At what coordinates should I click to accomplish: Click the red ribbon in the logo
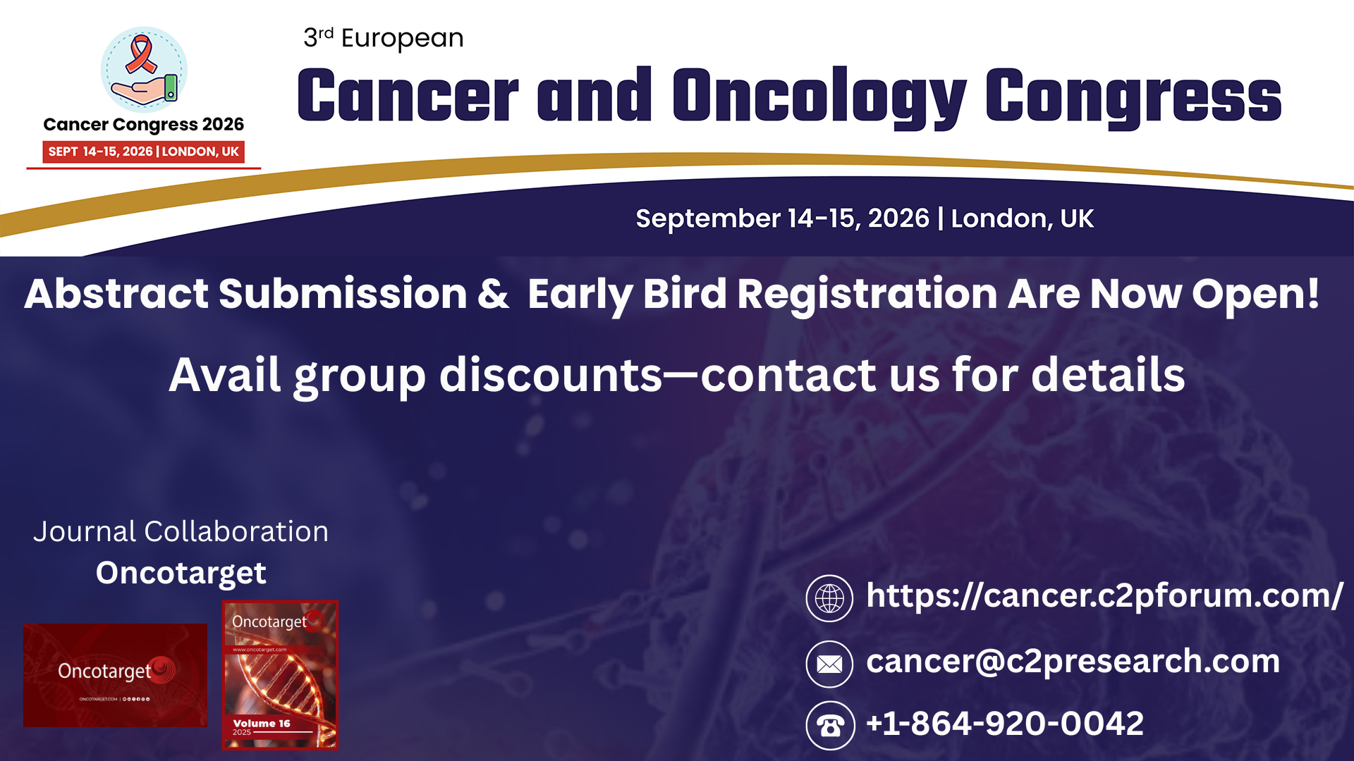[141, 55]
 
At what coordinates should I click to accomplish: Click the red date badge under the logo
[143, 151]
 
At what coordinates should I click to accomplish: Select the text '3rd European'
[383, 38]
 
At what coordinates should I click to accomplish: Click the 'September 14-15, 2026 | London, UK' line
[864, 218]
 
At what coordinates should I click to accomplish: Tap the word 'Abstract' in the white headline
[116, 294]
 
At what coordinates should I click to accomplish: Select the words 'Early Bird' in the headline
[626, 294]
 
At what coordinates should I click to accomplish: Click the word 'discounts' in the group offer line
[550, 375]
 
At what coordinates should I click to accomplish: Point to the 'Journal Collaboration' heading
[181, 531]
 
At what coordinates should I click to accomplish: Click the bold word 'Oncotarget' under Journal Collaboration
[181, 573]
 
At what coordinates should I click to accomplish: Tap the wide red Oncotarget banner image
[115, 675]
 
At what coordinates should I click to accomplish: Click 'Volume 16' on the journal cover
[261, 724]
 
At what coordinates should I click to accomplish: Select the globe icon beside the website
[829, 598]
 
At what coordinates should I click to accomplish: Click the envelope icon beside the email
[829, 664]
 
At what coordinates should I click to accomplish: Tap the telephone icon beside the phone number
[830, 725]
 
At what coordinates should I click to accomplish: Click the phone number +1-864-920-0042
[1004, 724]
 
